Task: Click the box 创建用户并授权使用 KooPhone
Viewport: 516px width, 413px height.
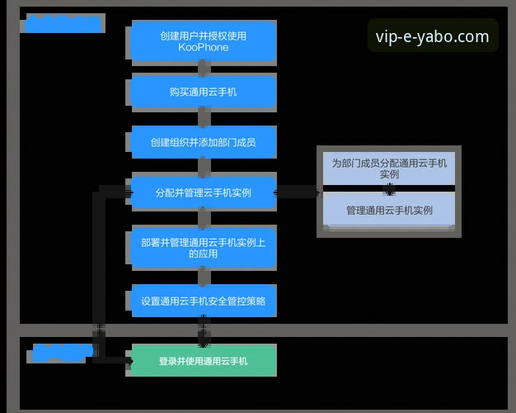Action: [x=203, y=41]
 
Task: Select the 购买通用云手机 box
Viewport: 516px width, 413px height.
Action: [x=203, y=92]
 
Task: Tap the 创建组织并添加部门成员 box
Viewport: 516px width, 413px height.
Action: [x=203, y=142]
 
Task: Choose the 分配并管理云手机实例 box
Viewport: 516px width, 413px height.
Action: [x=203, y=192]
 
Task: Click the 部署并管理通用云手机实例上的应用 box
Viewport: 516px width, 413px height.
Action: [x=203, y=247]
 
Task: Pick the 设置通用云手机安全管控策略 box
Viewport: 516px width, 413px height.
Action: [x=203, y=301]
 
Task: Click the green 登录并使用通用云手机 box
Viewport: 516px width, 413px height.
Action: [x=203, y=361]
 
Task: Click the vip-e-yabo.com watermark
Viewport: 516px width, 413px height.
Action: [x=432, y=36]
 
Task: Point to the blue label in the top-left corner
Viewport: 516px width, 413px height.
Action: [x=63, y=24]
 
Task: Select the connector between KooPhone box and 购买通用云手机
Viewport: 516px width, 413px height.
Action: [x=203, y=69]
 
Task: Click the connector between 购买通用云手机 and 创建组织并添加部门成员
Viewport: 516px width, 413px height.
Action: [x=203, y=117]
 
